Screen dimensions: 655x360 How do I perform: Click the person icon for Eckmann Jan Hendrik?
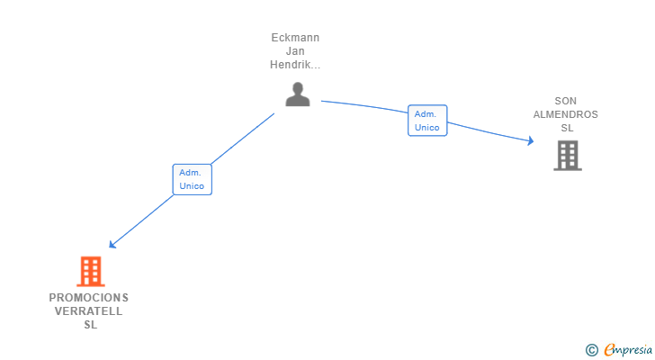(297, 94)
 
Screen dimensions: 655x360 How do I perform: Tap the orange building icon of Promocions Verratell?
(90, 271)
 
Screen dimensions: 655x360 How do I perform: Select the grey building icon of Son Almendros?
(567, 156)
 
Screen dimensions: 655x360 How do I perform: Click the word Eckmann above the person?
(295, 38)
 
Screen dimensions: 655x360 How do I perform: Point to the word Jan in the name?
(295, 51)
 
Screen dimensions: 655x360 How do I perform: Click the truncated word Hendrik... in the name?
(295, 65)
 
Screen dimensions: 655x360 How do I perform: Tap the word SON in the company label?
(566, 101)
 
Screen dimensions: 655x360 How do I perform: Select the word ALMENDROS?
(566, 114)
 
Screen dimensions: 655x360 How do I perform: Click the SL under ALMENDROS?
(566, 128)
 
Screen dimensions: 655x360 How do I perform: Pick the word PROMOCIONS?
(89, 298)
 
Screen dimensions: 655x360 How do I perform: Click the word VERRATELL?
(89, 311)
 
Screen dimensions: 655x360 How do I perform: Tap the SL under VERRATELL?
(89, 325)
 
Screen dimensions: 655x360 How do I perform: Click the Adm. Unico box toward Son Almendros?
(427, 121)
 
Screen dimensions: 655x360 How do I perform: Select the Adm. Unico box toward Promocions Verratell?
(192, 179)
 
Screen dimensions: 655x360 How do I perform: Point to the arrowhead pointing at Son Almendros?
(530, 140)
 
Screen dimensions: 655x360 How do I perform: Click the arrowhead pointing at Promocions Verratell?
(112, 244)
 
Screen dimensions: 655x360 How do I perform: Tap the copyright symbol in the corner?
(591, 349)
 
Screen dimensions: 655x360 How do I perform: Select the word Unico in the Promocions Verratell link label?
(192, 186)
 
